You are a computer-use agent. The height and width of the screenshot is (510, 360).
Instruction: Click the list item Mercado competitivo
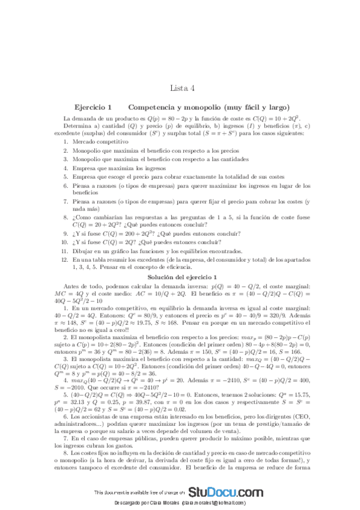[x=101, y=141]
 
